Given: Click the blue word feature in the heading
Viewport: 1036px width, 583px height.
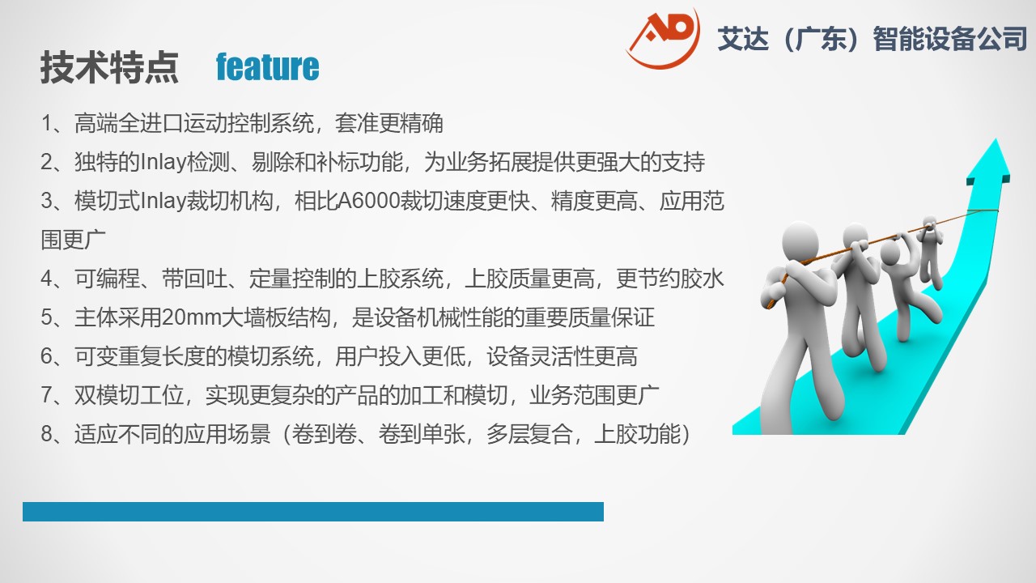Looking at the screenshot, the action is point(267,67).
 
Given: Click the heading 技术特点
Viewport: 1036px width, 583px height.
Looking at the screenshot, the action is point(109,67).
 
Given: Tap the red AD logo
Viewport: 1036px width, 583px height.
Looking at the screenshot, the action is point(663,38).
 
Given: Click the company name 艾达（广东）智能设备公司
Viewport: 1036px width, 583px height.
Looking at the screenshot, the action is point(873,38).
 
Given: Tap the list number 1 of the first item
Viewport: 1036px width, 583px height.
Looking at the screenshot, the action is point(47,124).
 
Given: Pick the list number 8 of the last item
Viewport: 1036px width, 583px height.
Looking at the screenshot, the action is point(47,434).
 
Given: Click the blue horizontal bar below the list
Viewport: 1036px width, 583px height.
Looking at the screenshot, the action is point(313,512).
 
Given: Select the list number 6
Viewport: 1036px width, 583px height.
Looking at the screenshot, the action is point(47,356).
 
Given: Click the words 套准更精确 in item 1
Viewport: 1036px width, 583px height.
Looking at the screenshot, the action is point(389,124).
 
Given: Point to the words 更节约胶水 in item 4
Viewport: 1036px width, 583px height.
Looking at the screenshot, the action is point(669,279).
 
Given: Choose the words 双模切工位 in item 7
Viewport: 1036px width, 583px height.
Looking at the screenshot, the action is point(129,395).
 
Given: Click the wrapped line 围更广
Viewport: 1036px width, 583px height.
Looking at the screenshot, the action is point(73,240).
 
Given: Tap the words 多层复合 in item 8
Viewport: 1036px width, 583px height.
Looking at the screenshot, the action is point(529,434).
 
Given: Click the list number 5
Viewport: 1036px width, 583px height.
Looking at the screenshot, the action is point(47,318).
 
